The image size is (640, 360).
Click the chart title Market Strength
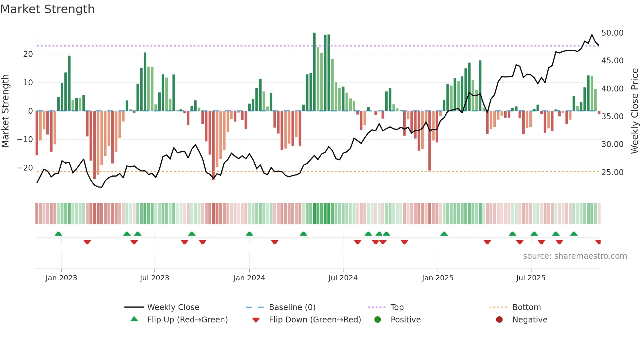[47, 9]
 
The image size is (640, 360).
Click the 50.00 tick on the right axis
[612, 33]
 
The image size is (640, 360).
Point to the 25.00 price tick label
[612, 172]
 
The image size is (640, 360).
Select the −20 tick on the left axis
[25, 168]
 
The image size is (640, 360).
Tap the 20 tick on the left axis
[28, 54]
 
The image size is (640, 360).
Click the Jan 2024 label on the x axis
[249, 278]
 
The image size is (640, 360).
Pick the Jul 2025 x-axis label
[531, 278]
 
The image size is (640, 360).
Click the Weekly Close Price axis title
[634, 111]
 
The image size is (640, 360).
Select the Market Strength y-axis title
[5, 111]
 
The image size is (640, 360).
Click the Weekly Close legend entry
[173, 307]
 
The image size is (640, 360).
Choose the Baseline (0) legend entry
[292, 307]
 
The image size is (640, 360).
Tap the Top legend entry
[397, 307]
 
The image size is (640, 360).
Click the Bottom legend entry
[526, 307]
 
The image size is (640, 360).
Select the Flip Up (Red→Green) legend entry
[187, 320]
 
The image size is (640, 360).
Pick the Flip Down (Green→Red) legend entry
[315, 320]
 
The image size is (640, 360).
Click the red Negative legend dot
[499, 320]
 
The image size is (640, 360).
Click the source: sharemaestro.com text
[575, 256]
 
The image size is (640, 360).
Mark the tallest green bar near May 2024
[314, 72]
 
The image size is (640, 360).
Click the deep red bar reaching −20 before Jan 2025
[430, 140]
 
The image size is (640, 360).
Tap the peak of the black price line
[592, 35]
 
